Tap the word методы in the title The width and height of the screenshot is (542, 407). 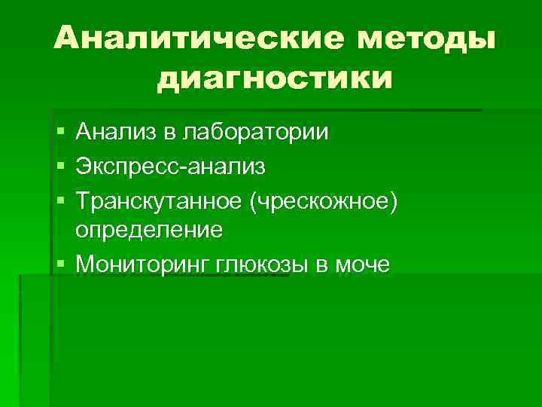click(x=426, y=38)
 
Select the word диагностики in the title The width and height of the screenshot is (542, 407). click(x=276, y=77)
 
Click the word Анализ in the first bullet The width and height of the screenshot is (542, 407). click(x=117, y=133)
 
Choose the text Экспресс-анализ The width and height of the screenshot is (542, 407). click(x=169, y=164)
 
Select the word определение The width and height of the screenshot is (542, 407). click(x=148, y=229)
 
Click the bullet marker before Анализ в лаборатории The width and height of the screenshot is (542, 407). click(x=59, y=133)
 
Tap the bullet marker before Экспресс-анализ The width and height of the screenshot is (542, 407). click(x=59, y=165)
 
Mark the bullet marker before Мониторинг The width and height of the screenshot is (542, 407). click(x=59, y=264)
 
